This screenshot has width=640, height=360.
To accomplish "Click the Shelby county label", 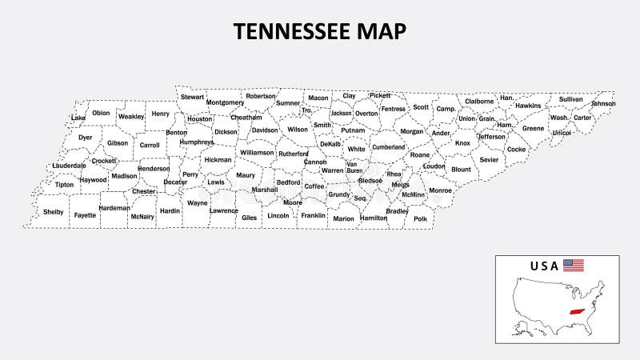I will tap(54, 212).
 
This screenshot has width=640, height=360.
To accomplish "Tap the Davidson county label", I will tap(265, 130).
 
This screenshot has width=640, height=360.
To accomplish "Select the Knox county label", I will tap(462, 143).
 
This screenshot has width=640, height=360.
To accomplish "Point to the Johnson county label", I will tap(603, 104).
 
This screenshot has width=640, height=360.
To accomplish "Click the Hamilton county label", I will tap(374, 218).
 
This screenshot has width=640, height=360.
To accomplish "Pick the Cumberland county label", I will tap(389, 147).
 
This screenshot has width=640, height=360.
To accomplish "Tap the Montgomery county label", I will tap(225, 102).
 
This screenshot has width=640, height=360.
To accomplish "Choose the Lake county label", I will tap(78, 118).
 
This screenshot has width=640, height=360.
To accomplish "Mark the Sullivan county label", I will tap(571, 100).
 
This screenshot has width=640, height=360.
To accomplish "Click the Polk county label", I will tap(421, 218).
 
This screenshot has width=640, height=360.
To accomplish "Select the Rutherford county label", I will tap(294, 154).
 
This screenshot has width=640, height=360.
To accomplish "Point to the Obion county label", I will tap(101, 113).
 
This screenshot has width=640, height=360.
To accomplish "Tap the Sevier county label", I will tap(489, 159).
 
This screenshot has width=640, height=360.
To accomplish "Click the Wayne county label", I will tap(197, 203).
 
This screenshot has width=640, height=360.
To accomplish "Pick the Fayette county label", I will tap(85, 215).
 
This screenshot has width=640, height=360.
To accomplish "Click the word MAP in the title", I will tap(383, 31).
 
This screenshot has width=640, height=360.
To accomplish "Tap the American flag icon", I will tap(573, 266).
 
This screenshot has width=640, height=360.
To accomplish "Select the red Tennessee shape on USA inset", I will tap(574, 313).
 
